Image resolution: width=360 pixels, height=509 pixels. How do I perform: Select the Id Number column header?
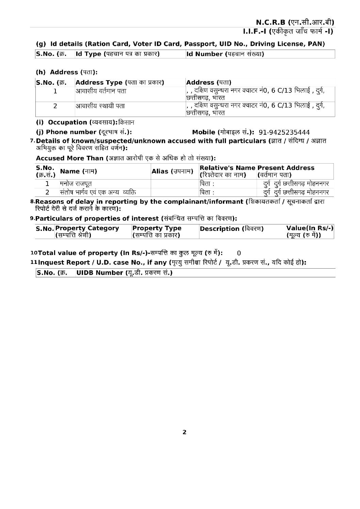225,54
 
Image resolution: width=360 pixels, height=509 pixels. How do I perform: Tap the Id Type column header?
117,54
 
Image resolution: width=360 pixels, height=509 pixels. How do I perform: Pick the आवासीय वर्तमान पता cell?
101,91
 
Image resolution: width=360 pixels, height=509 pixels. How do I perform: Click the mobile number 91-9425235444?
284,132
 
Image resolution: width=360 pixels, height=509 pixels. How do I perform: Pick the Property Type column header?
157,232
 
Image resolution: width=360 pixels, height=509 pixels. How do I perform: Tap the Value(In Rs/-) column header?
310,232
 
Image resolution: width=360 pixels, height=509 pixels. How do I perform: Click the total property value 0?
239,253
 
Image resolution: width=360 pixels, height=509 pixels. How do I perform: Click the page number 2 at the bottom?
184,432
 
